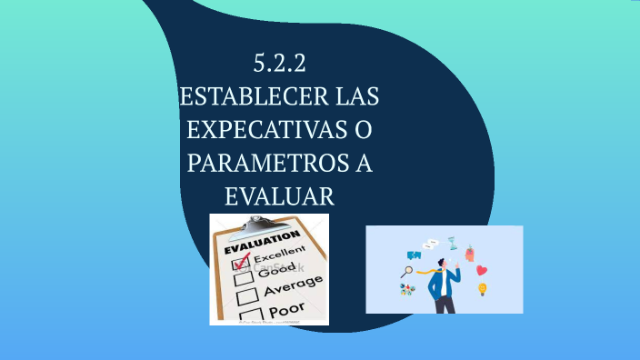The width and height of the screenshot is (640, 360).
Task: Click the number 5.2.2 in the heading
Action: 280,65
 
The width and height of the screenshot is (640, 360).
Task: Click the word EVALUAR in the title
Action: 279,195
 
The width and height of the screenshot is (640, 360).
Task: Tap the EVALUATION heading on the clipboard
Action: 260,244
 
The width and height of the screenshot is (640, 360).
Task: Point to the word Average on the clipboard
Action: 292,287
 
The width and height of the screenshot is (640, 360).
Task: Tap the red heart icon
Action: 482,270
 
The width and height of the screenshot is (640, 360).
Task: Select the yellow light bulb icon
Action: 483,289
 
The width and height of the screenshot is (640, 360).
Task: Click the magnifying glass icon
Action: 407,271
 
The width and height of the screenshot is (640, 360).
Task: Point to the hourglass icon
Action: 452,243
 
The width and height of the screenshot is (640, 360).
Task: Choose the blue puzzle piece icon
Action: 414,255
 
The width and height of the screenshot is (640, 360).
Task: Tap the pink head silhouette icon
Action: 470,253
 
